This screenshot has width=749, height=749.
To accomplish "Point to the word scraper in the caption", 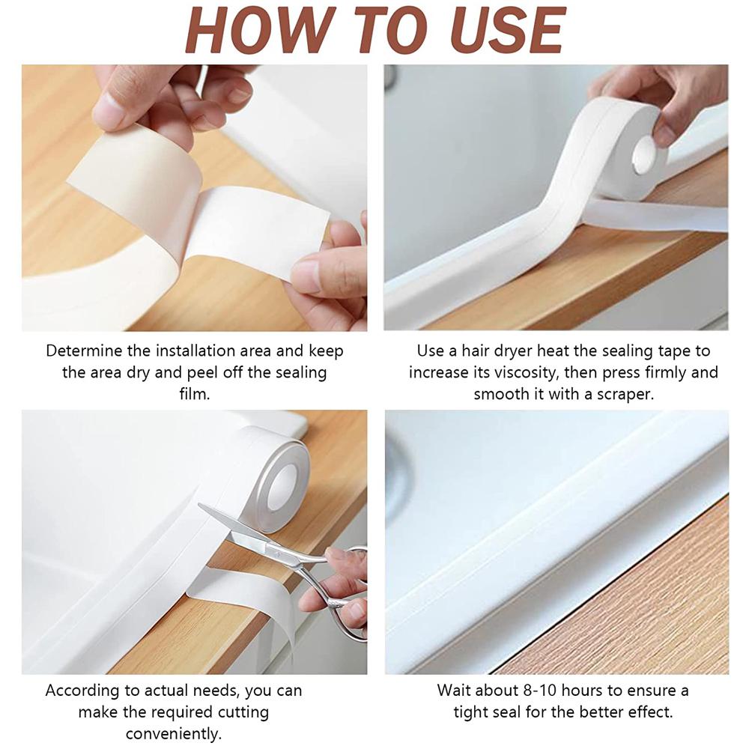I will click(x=624, y=394).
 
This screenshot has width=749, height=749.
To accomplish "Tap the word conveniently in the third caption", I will click(x=173, y=733).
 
